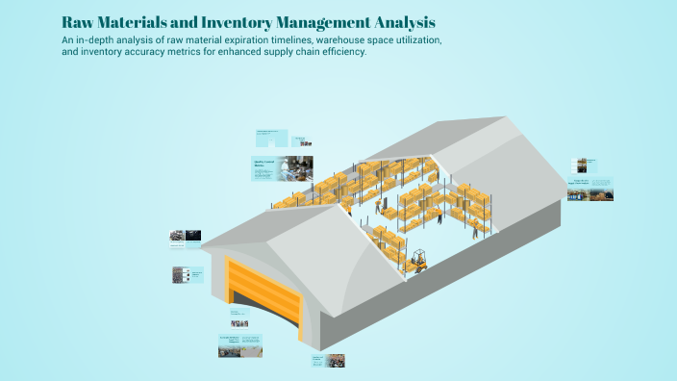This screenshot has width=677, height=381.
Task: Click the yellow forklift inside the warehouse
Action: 418,260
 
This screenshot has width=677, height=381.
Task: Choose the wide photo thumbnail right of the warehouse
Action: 589,189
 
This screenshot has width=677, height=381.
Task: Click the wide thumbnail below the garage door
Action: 240,345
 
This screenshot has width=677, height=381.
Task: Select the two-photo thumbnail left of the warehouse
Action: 186,235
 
